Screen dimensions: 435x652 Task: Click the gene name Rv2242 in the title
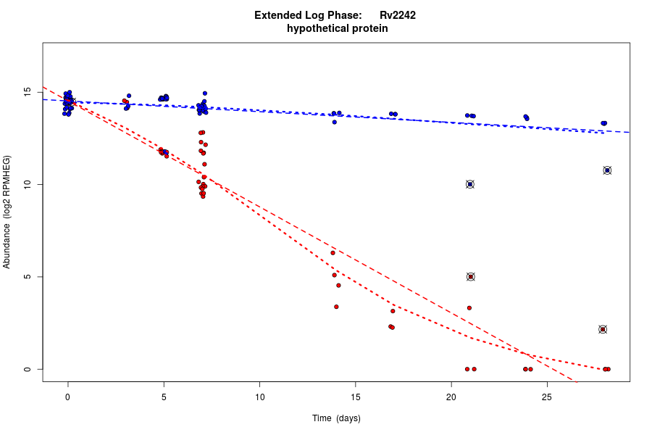(x=397, y=15)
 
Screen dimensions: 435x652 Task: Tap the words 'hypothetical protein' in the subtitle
(x=337, y=29)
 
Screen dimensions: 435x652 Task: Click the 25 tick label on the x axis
(x=547, y=397)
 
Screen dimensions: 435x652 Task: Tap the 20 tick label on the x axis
(x=451, y=397)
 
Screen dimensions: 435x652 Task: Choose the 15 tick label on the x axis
(x=355, y=397)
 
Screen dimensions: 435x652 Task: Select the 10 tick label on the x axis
(x=259, y=397)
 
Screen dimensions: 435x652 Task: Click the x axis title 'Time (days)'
(x=336, y=418)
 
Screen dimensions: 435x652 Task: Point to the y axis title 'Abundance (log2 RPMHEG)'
(x=7, y=212)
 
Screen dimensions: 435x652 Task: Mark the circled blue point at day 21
(x=470, y=184)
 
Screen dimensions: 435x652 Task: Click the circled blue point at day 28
(x=607, y=170)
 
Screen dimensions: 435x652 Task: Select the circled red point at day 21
(x=471, y=277)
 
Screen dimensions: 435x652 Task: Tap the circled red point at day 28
(x=603, y=329)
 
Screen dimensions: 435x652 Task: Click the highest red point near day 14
(x=333, y=252)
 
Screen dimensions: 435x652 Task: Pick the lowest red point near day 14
(x=336, y=307)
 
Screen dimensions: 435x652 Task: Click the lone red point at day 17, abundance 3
(x=393, y=311)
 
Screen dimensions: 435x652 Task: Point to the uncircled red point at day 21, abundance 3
(x=469, y=308)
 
